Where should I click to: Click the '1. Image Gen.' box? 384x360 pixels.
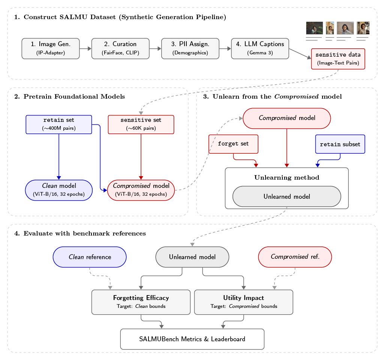(51, 48)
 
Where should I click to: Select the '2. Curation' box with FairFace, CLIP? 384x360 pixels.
(120, 48)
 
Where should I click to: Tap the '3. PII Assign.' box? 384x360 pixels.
(190, 48)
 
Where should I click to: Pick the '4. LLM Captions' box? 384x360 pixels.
(260, 48)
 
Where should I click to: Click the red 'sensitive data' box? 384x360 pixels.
(338, 58)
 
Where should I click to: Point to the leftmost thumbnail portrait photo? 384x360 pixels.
(314, 28)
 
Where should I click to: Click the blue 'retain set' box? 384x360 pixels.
(59, 124)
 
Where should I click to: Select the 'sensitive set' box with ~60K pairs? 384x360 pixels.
(141, 124)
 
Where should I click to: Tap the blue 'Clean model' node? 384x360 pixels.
(59, 190)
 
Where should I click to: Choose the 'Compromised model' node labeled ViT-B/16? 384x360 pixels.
(141, 190)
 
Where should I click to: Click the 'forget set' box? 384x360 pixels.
(233, 144)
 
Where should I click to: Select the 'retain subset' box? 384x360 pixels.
(340, 144)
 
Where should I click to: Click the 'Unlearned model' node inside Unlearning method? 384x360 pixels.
(286, 196)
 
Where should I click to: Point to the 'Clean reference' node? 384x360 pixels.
(90, 257)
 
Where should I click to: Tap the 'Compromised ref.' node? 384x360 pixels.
(295, 257)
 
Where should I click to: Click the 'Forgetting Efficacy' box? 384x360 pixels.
(141, 302)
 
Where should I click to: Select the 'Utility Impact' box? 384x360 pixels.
(243, 302)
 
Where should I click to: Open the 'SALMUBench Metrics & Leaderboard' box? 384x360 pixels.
(192, 339)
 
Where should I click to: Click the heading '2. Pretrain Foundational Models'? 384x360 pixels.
(69, 97)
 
